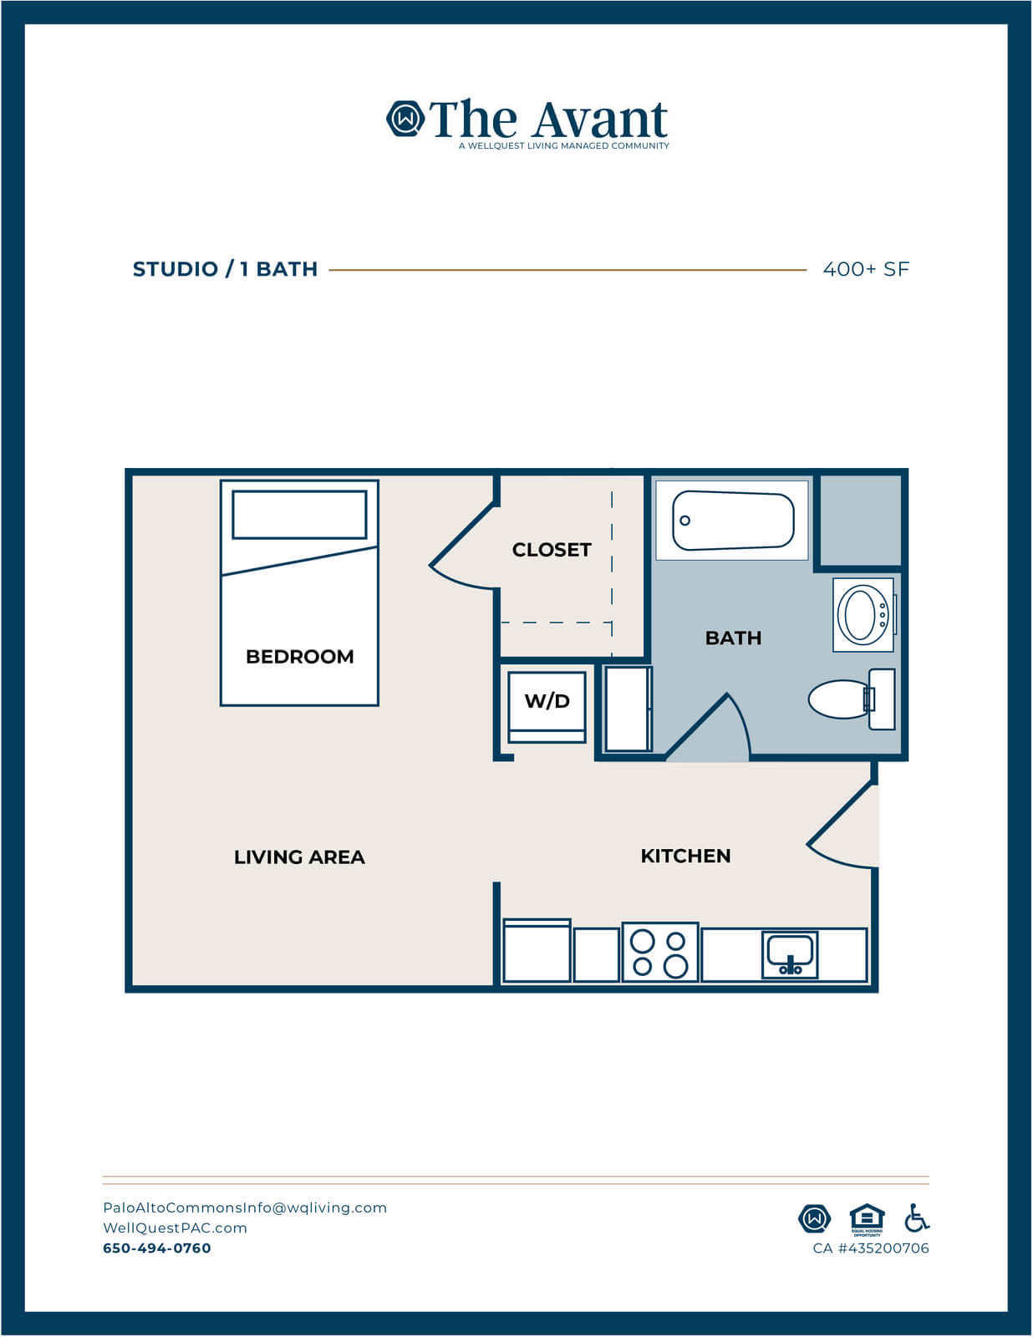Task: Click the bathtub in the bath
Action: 732,520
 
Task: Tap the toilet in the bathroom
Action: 852,699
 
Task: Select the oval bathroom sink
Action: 864,614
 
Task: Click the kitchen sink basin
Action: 790,955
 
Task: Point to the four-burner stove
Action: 660,952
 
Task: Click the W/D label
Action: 547,701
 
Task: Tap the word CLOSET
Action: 552,550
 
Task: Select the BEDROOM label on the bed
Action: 300,657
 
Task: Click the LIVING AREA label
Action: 300,857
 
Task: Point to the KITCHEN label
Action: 685,856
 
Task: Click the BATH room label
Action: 733,638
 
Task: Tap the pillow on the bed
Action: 300,515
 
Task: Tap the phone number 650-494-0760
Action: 157,1248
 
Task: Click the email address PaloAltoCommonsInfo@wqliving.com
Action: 245,1207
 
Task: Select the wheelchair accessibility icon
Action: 917,1218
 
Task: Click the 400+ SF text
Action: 866,269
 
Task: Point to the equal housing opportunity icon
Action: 867,1219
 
